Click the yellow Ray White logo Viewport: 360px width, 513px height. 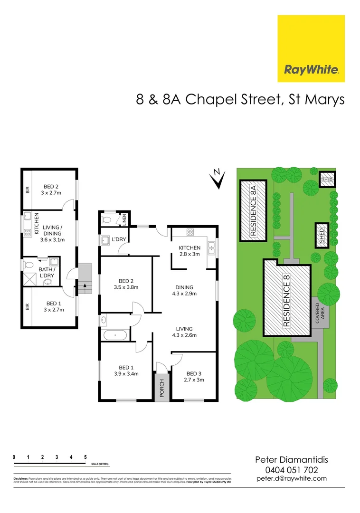pyautogui.click(x=311, y=48)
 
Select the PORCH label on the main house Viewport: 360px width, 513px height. pyautogui.click(x=161, y=388)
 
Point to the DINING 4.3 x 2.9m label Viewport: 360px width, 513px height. pyautogui.click(x=184, y=290)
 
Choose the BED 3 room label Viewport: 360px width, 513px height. pyautogui.click(x=194, y=377)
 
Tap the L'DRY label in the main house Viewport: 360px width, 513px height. pyautogui.click(x=119, y=239)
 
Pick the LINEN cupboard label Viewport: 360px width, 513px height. pyautogui.click(x=124, y=219)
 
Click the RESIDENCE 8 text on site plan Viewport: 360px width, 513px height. pyautogui.click(x=287, y=304)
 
